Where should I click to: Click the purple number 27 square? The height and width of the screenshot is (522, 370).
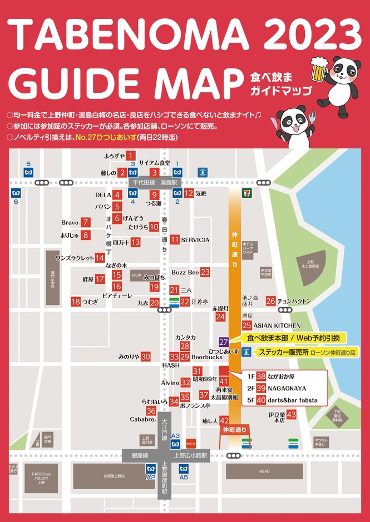(x=224, y=342)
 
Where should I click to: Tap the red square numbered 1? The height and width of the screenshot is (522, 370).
(x=131, y=155)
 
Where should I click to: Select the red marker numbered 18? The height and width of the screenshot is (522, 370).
(x=76, y=302)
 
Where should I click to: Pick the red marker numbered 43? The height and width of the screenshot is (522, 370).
(x=291, y=415)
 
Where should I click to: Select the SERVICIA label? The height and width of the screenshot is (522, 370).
(x=195, y=240)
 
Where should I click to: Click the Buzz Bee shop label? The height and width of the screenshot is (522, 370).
(x=185, y=273)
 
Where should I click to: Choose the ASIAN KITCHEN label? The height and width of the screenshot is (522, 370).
(x=278, y=325)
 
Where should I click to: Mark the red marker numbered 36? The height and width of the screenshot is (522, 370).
(x=151, y=411)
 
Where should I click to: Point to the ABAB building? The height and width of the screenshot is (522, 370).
(x=263, y=471)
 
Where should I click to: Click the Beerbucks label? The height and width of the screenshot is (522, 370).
(x=206, y=357)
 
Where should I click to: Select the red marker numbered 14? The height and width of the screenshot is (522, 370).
(x=100, y=258)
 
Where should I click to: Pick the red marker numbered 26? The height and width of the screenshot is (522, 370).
(x=270, y=301)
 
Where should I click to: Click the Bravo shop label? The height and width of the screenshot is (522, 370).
(x=70, y=222)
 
